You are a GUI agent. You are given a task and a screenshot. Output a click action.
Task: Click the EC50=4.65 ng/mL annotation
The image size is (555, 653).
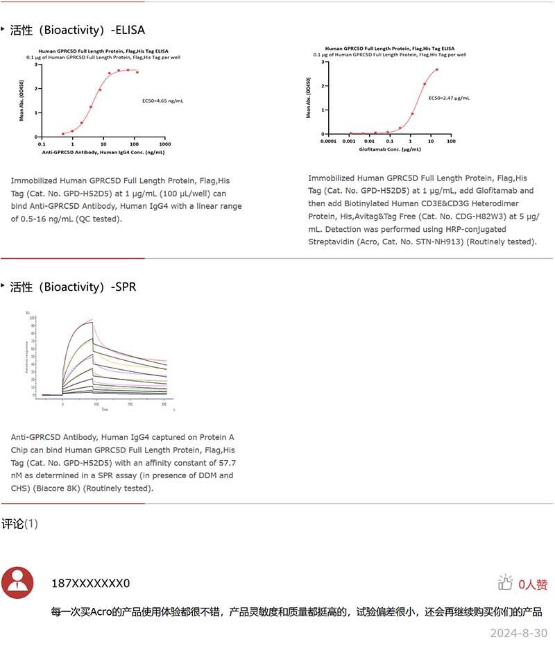pos(162,101)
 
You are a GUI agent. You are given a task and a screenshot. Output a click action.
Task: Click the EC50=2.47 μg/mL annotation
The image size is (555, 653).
pos(449,99)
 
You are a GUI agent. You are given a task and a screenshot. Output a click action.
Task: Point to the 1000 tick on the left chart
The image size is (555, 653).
pos(165,144)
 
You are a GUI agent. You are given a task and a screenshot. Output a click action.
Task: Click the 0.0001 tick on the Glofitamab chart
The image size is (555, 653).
pos(328,141)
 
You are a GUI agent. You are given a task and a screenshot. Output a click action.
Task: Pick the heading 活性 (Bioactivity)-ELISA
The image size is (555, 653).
pos(77,30)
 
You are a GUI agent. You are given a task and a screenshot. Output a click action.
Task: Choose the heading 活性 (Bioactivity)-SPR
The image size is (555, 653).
pos(72,287)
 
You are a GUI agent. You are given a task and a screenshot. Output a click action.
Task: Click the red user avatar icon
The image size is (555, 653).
pos(17,583)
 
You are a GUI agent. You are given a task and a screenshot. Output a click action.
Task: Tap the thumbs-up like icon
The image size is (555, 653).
pos(505,583)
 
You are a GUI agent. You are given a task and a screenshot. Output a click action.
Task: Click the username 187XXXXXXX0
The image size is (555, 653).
pos(90,584)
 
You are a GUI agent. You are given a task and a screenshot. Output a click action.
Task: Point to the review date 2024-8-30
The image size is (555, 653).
pos(518,633)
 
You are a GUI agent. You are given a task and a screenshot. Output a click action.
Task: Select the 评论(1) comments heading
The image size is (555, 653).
pos(19,524)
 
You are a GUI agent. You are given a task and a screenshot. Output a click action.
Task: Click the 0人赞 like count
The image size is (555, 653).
pos(533,584)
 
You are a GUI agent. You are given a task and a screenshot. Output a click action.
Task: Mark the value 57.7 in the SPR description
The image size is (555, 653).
pos(225,462)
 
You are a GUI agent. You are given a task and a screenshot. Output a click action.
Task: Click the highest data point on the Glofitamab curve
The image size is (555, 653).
pos(437,69)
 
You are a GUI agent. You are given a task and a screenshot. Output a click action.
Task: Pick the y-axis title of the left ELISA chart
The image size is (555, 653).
pos(22,101)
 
